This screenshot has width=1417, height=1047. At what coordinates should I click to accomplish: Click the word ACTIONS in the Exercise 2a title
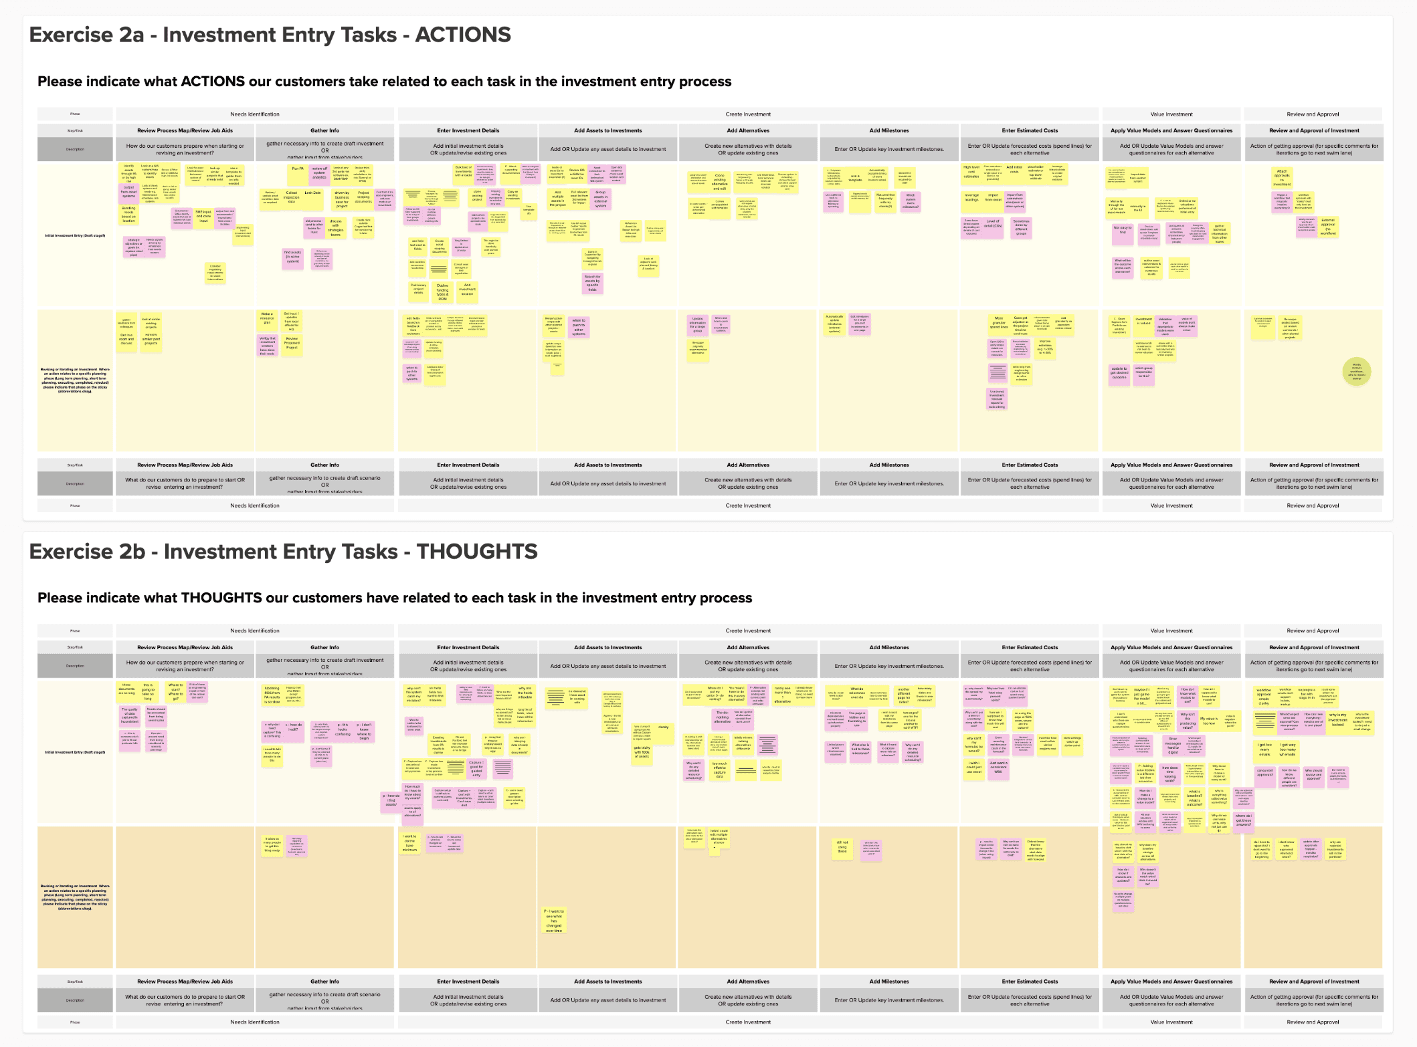(463, 35)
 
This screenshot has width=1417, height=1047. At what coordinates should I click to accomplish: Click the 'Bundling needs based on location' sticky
(128, 214)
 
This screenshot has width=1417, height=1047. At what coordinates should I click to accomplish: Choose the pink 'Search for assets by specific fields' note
(592, 283)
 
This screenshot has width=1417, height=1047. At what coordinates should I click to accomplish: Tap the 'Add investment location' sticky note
(467, 289)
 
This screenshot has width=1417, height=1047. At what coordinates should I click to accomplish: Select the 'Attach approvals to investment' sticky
(1282, 177)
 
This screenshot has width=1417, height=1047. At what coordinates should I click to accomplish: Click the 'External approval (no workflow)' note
(1328, 227)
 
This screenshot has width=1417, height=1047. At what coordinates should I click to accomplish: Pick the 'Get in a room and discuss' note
(126, 339)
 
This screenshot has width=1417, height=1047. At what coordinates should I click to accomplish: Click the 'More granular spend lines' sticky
(998, 324)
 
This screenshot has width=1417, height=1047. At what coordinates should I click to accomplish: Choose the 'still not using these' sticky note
(842, 847)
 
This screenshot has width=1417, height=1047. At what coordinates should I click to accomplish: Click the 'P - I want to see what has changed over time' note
(554, 921)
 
